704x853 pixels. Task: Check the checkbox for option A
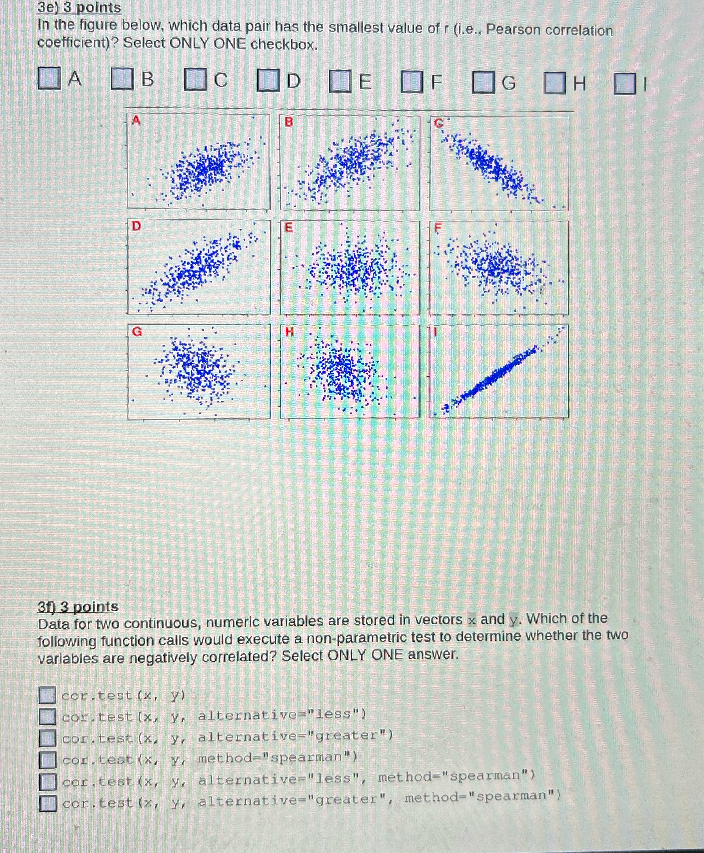pos(49,78)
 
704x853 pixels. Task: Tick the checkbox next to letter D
pos(268,80)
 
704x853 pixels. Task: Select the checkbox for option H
pos(554,83)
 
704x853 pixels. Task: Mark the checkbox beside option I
pos(624,84)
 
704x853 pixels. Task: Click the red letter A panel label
pos(136,120)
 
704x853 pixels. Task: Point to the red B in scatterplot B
pos(289,122)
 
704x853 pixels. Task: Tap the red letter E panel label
pos(289,228)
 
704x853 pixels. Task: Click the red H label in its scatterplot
pos(289,332)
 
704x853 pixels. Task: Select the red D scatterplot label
pos(137,226)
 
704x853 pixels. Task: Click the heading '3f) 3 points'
pos(78,607)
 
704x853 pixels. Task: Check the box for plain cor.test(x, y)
pos(47,695)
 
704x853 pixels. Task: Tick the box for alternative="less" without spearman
pos(47,716)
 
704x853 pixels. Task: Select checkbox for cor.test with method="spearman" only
pos(47,760)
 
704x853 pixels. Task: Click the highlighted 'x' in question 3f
pos(471,620)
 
